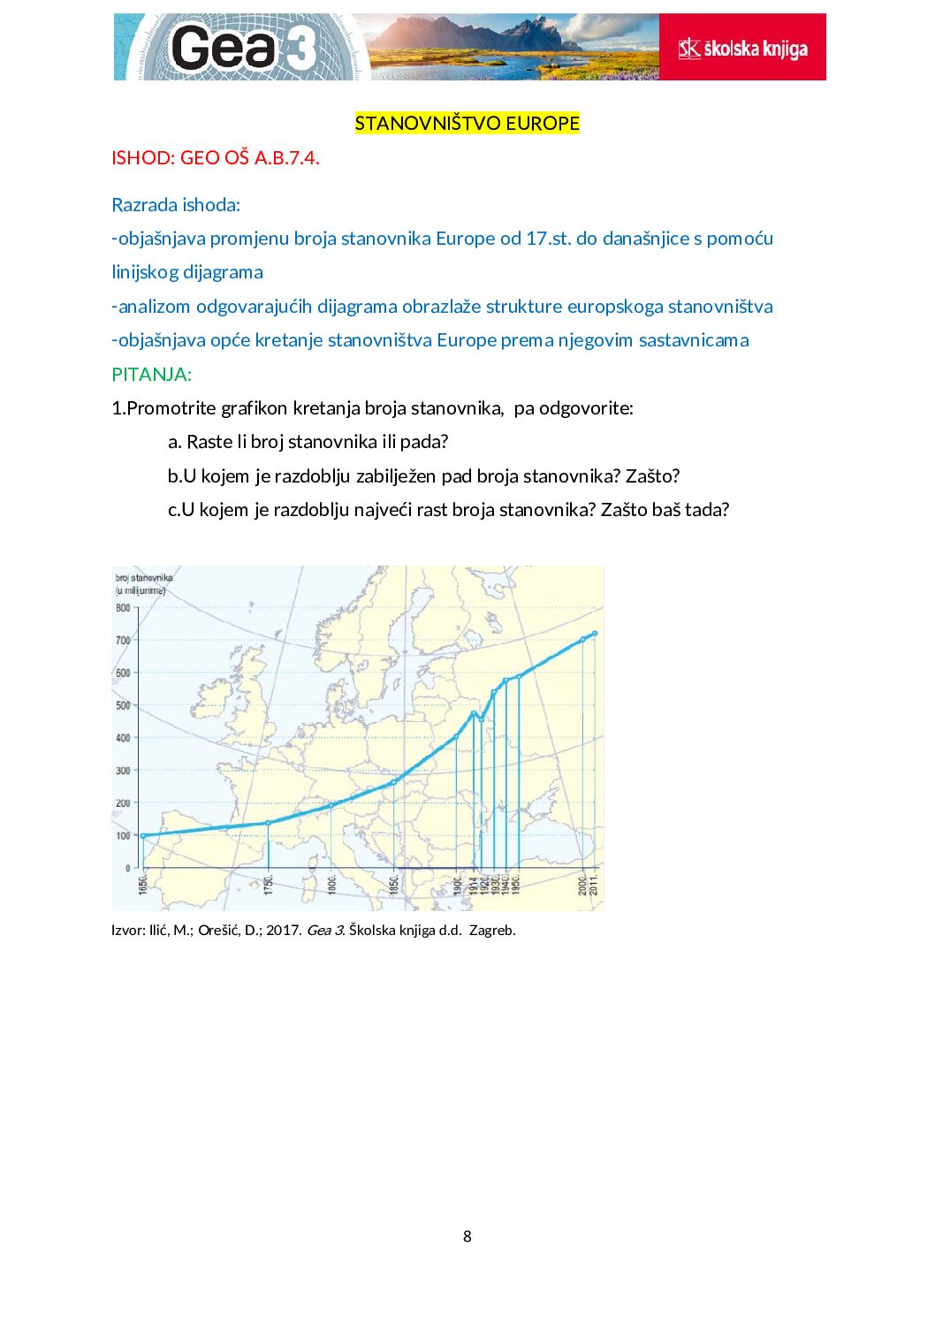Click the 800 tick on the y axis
point(123,608)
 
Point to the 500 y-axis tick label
point(123,705)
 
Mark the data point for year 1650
point(143,835)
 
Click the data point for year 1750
point(269,823)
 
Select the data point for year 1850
point(394,782)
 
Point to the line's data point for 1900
point(456,736)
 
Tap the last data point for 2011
point(595,633)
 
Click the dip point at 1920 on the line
point(482,719)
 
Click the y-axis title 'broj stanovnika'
point(144,578)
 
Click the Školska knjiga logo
point(742,48)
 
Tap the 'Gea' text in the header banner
point(224,48)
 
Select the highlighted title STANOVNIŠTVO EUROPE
point(467,123)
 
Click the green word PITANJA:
point(151,374)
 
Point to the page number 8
point(467,1236)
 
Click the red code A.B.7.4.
point(287,158)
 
